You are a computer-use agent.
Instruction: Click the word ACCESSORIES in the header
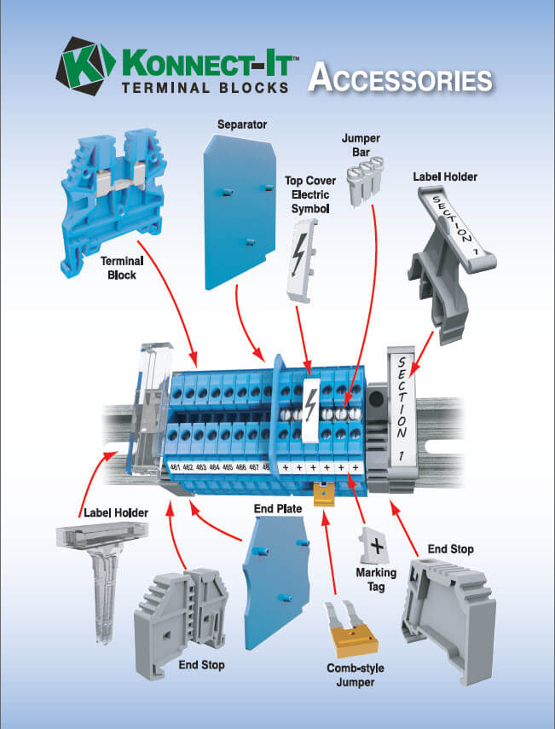tap(400, 78)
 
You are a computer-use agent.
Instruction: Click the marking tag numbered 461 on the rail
tap(175, 467)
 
